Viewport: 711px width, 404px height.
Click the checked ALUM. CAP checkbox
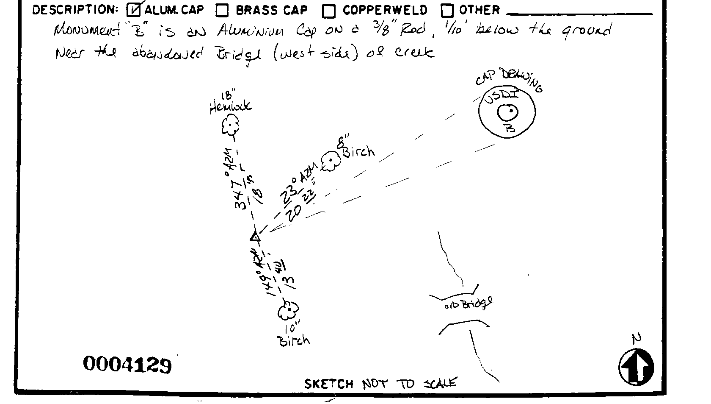(x=133, y=10)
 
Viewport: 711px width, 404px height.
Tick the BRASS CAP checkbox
(x=222, y=11)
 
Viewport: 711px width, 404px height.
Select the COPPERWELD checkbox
(x=329, y=11)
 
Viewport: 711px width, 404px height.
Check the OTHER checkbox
(x=447, y=11)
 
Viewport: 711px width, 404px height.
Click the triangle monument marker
(x=255, y=237)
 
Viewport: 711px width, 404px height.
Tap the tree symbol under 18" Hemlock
(x=231, y=125)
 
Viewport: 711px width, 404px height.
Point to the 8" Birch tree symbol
(x=331, y=162)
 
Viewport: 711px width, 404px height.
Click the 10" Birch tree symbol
(x=288, y=311)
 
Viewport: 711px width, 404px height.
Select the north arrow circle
(x=636, y=367)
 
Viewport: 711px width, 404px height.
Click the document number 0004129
(x=127, y=365)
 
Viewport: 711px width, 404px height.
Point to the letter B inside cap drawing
(x=510, y=128)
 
